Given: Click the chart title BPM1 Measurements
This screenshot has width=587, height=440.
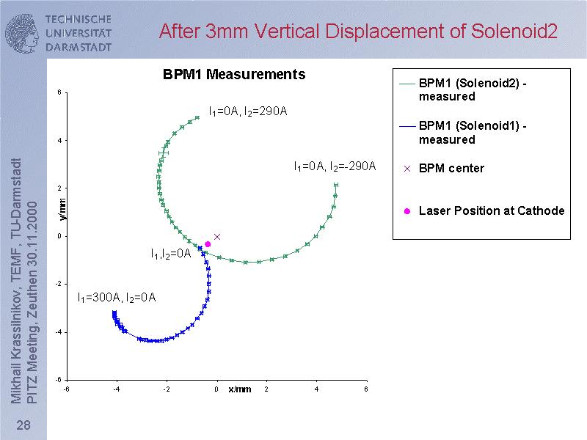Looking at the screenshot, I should click(233, 74).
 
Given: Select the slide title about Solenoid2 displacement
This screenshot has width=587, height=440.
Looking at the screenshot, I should click(358, 32).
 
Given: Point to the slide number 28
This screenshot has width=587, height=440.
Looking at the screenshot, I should click(23, 427).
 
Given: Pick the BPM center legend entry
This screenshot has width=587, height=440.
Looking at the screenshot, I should click(451, 169).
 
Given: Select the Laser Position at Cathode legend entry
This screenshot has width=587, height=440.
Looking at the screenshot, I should click(491, 211).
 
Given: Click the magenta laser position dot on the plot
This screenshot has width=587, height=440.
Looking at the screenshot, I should click(208, 244).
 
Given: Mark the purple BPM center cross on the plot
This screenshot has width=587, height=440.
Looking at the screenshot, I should click(217, 236).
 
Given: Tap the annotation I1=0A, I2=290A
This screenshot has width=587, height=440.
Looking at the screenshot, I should click(247, 111).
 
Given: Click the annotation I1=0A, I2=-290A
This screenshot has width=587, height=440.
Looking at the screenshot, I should click(335, 166).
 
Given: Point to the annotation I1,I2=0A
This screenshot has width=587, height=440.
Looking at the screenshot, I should click(170, 254).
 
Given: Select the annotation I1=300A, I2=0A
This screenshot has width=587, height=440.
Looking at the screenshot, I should click(116, 298).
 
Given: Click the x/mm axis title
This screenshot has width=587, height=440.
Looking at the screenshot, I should click(239, 389).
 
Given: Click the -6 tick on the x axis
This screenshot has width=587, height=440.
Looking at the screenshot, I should click(66, 389).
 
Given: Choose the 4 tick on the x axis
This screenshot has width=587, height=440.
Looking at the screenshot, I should click(316, 389).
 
